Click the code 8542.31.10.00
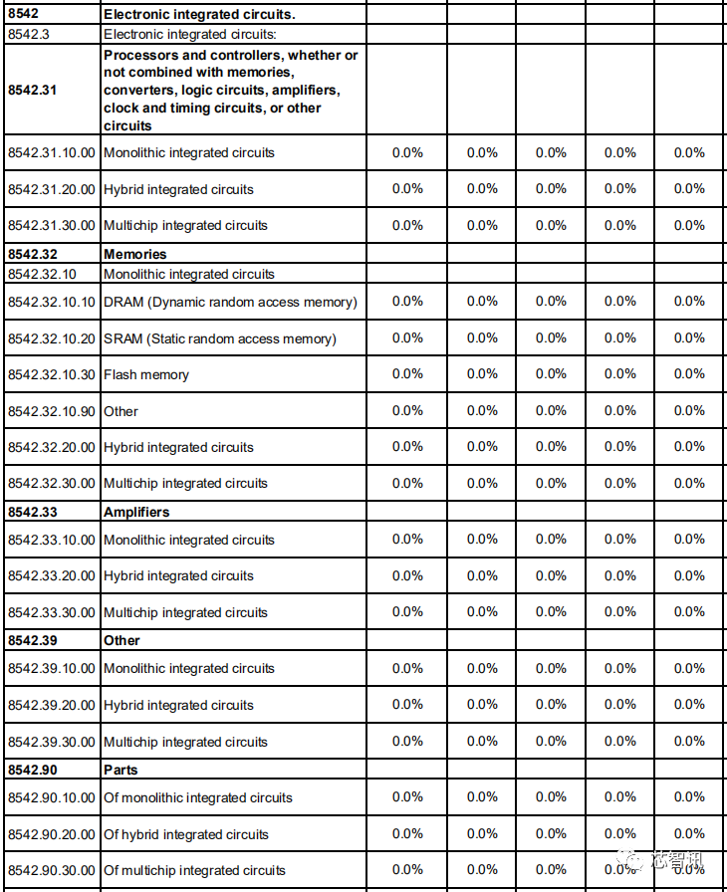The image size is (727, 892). tap(52, 152)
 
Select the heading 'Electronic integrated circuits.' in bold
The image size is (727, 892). tap(200, 15)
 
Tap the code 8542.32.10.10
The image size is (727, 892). tap(52, 302)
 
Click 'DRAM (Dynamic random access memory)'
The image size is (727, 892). tap(230, 302)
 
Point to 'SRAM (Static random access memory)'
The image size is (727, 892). tap(220, 338)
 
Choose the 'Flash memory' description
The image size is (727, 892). tap(146, 374)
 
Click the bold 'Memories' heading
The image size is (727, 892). tap(135, 254)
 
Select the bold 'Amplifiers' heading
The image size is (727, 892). tap(136, 512)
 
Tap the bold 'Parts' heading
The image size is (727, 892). tap(121, 770)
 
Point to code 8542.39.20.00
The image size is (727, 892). tap(52, 705)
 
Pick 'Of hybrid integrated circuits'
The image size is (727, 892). tap(186, 834)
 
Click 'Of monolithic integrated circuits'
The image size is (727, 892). tap(198, 797)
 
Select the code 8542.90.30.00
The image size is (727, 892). tap(52, 870)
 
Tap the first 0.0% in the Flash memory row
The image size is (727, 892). tap(407, 374)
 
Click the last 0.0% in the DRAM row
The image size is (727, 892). tap(689, 302)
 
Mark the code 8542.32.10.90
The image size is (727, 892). tap(52, 411)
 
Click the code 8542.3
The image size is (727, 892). tap(26, 34)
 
